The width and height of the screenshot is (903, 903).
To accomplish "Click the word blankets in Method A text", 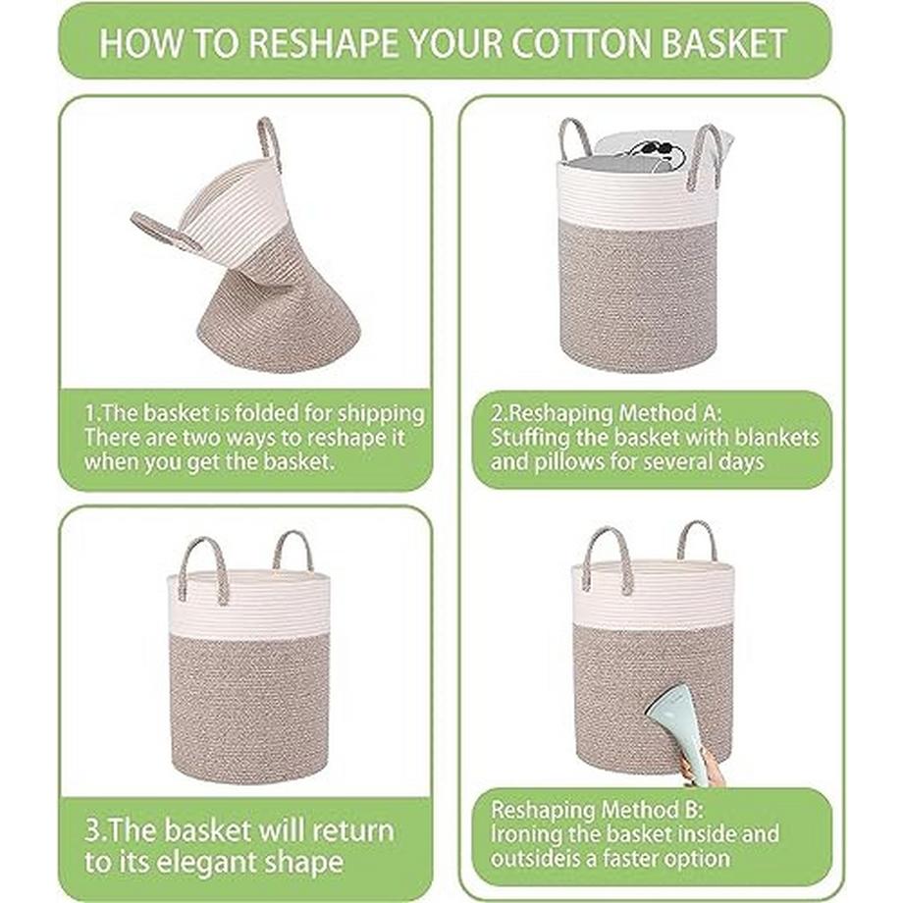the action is (x=776, y=438).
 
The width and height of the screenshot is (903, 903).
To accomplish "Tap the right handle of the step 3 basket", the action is (x=293, y=549).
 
